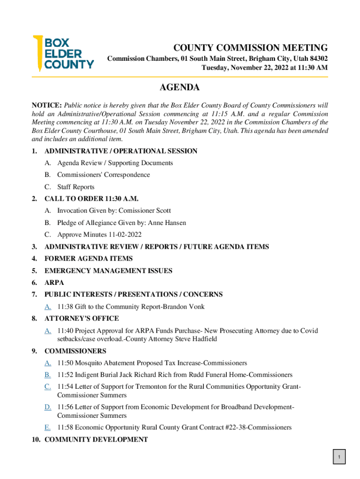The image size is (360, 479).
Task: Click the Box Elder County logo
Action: click(x=63, y=53)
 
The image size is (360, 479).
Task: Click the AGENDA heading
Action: click(x=180, y=87)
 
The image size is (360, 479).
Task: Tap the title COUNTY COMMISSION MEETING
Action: click(x=251, y=48)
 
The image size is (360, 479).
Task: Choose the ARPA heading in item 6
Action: click(x=54, y=283)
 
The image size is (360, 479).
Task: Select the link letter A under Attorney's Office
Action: click(x=48, y=331)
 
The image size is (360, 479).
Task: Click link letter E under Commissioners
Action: click(x=48, y=427)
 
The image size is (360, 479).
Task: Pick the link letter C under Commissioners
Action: click(x=48, y=386)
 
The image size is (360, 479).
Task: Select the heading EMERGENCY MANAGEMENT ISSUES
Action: click(x=108, y=270)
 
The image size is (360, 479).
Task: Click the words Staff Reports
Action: click(x=76, y=187)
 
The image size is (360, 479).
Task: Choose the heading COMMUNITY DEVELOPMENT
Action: click(x=96, y=439)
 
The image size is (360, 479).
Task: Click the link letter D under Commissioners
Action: click(x=48, y=407)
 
